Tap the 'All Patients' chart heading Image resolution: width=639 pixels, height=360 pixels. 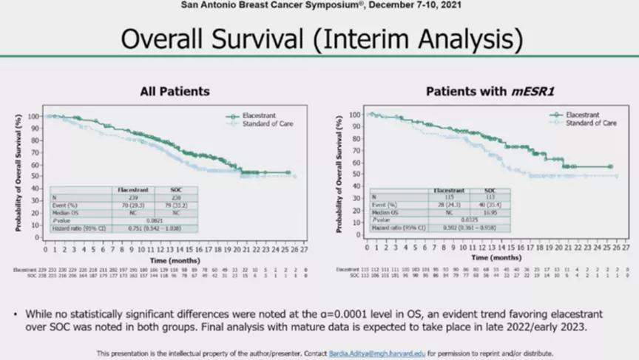click(x=175, y=92)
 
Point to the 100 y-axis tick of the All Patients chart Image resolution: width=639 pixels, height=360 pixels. click(x=38, y=117)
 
